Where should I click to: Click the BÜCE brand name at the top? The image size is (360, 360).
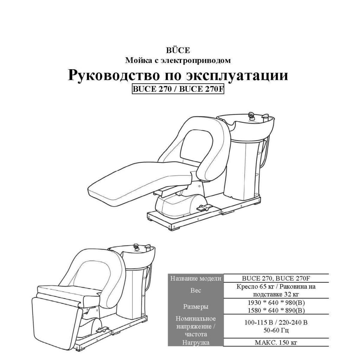tap(178, 50)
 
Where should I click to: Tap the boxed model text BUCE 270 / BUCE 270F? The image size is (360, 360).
tap(178, 89)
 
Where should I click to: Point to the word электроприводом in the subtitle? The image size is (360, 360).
tap(195, 60)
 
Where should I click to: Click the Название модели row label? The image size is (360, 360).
tap(195, 278)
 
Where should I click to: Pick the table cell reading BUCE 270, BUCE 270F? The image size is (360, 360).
tap(276, 278)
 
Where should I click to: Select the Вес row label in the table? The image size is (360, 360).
tap(195, 290)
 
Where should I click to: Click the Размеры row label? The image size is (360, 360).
tap(195, 307)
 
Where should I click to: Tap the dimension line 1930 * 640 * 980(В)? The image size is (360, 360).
tap(276, 303)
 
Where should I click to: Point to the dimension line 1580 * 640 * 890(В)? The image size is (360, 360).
tap(276, 310)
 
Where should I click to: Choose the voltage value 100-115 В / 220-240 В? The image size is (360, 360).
tap(276, 323)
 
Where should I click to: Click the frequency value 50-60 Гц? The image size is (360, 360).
tap(276, 330)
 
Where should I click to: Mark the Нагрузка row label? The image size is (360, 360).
tap(195, 342)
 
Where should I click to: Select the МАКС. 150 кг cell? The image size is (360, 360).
tap(276, 342)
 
